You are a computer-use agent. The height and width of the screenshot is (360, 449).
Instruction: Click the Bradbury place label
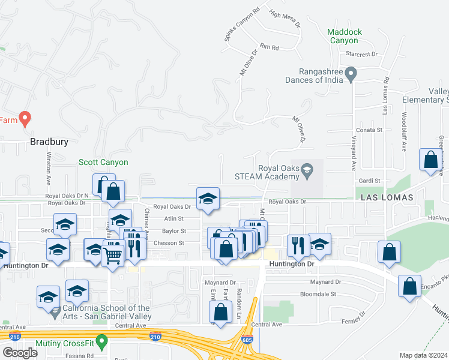click(x=49, y=142)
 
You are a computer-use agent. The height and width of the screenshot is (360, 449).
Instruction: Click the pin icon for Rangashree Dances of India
click(x=352, y=76)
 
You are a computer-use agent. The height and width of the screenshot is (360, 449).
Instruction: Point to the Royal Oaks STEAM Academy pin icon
click(x=307, y=172)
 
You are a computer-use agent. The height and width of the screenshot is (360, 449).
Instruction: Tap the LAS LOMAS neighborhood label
click(x=387, y=197)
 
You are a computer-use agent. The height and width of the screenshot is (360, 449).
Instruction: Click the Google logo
click(x=20, y=353)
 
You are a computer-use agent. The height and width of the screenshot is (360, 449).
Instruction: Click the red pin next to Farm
click(x=25, y=118)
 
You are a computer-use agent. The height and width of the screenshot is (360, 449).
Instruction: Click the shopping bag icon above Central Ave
click(x=221, y=311)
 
